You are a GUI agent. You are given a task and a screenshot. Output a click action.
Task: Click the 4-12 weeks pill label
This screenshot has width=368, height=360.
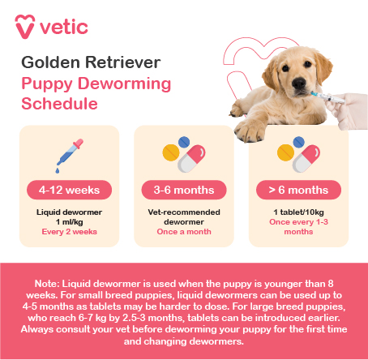pos(69,191)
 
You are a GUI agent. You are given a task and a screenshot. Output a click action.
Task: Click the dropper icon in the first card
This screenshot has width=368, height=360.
pos(65,156)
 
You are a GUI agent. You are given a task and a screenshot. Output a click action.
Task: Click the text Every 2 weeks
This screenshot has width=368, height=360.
pos(69,232)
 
